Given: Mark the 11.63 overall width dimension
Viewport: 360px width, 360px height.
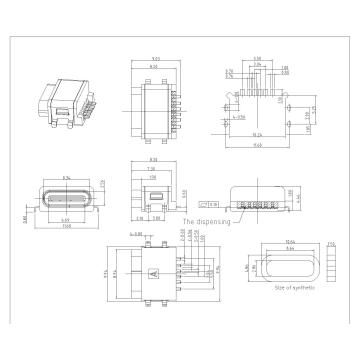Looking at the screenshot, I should pos(258,146).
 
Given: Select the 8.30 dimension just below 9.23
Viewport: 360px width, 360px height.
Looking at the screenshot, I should pos(156,68).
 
